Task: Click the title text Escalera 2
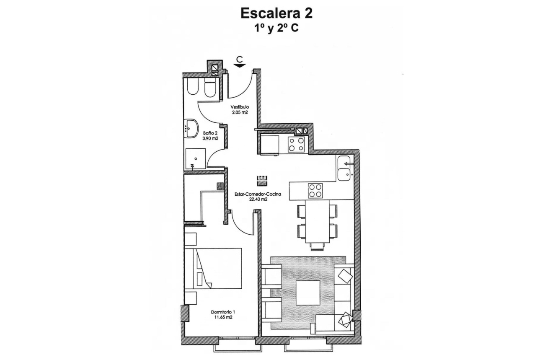tap(276, 13)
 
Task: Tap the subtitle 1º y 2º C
tap(276, 28)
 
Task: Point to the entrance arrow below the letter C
tap(240, 65)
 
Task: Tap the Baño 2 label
tap(210, 133)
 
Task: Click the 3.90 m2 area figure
tap(210, 138)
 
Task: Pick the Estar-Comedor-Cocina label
tap(257, 194)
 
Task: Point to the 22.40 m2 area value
tap(258, 199)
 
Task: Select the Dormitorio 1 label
tap(223, 312)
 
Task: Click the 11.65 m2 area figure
tap(222, 317)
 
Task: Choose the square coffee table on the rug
tap(308, 293)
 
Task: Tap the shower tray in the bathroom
tap(195, 159)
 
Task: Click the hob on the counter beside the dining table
tap(315, 191)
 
